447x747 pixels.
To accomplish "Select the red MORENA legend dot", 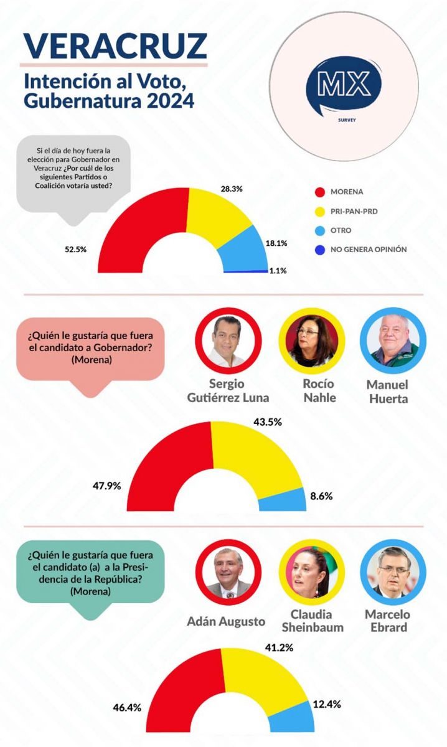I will (x=321, y=192).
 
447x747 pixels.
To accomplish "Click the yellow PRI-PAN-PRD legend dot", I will (x=321, y=212).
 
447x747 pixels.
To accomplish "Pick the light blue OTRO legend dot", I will (x=321, y=230).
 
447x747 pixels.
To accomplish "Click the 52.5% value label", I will (x=75, y=249).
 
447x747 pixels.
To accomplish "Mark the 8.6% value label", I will (x=321, y=497).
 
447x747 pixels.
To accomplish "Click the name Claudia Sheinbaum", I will (x=313, y=621).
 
